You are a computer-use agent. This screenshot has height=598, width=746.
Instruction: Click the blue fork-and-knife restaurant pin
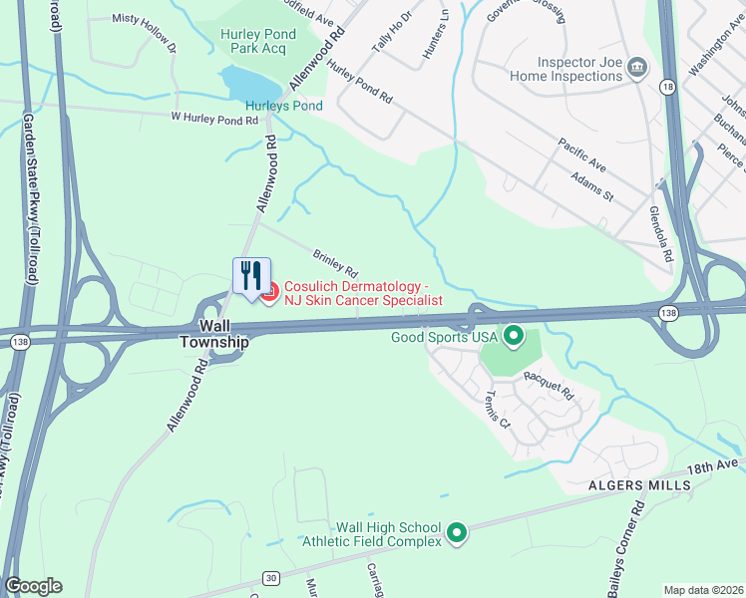tap(251, 274)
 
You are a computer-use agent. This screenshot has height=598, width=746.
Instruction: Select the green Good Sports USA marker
tap(514, 336)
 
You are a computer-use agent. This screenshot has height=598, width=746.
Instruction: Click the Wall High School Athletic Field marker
tap(457, 533)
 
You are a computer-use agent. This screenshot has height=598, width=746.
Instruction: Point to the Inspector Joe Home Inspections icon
tap(637, 68)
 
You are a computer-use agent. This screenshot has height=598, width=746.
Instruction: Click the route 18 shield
tap(667, 88)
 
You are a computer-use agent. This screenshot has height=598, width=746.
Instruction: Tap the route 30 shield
tap(271, 577)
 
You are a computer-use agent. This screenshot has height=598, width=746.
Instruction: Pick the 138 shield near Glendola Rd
tap(669, 313)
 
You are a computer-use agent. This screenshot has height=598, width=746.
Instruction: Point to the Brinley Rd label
tap(335, 263)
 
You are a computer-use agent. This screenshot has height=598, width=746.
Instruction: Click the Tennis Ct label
tap(497, 406)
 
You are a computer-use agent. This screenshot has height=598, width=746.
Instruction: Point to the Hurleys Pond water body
tap(242, 82)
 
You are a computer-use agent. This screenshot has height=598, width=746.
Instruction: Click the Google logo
tap(33, 586)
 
